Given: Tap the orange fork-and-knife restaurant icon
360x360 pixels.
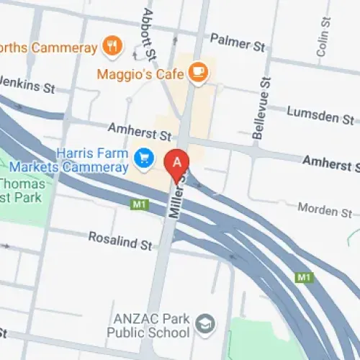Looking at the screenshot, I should [112, 47].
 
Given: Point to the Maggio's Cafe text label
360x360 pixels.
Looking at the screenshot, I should [143, 73].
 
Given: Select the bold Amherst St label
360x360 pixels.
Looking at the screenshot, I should [330, 164].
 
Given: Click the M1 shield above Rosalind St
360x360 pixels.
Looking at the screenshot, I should [139, 205].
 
